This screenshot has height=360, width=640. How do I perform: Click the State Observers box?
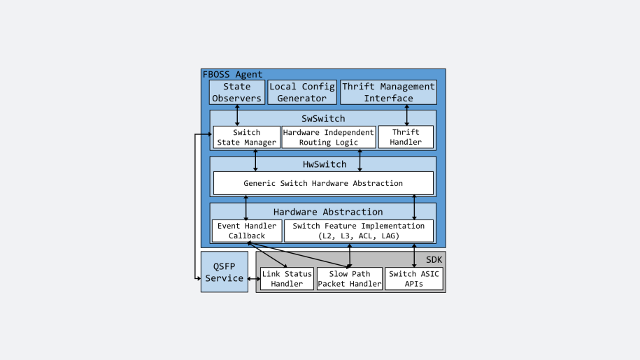[x=236, y=92]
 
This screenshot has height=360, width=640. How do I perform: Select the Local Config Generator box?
[x=302, y=92]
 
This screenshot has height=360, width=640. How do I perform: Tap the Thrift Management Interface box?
[x=388, y=92]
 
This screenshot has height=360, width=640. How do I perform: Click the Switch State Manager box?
[x=246, y=137]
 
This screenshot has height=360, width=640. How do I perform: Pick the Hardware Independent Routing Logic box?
[x=328, y=137]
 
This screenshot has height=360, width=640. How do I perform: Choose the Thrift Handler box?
[x=406, y=137]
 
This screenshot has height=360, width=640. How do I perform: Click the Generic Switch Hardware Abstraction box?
[x=322, y=183]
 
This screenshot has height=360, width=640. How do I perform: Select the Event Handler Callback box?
[x=246, y=231]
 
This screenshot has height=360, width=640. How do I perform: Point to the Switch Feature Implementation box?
[x=358, y=231]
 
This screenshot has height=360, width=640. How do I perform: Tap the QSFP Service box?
[x=224, y=272]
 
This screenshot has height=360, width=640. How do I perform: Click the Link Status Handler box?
[x=287, y=278]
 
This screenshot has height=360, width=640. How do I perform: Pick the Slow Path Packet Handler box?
[x=349, y=278]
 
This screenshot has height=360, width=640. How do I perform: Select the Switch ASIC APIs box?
[x=413, y=278]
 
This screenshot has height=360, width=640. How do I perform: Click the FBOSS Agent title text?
[x=232, y=74]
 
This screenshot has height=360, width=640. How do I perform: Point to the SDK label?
[x=434, y=259]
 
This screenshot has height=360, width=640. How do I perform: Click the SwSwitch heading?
[x=322, y=118]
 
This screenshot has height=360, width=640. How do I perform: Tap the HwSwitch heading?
[x=322, y=164]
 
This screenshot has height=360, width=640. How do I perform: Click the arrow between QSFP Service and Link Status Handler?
[x=254, y=279]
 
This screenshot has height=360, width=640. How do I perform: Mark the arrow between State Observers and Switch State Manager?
[x=237, y=115]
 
